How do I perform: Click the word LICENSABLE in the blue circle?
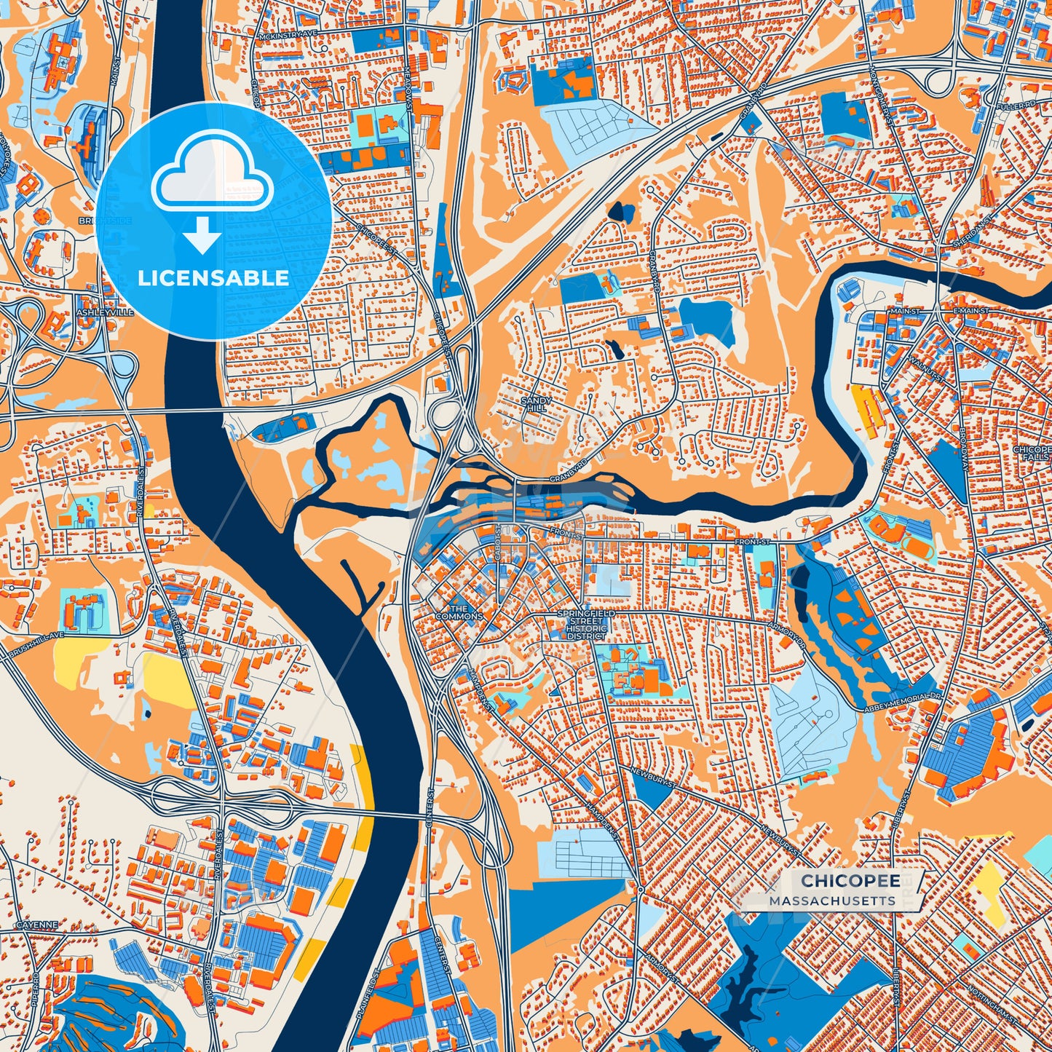pos(213,278)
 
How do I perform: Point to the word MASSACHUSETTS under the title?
pos(832,901)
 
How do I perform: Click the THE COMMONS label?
pos(459,612)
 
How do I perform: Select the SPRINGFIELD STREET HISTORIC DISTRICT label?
pos(586,625)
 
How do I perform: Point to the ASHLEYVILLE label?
pos(106,312)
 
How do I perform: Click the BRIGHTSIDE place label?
pos(106,220)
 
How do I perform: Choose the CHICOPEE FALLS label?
pos(1032,454)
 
